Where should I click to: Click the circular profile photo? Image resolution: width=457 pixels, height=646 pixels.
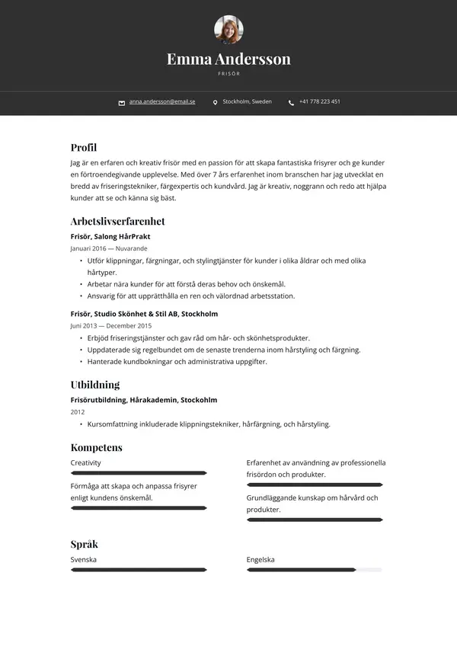click(x=228, y=30)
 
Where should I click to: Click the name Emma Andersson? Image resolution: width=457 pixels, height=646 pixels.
click(x=228, y=59)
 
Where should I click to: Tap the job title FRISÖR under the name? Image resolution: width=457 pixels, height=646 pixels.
click(x=228, y=74)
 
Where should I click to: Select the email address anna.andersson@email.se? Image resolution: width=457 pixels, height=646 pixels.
click(x=162, y=101)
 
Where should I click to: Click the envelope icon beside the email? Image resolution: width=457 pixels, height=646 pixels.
click(x=122, y=102)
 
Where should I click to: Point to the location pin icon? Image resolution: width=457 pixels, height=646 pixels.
click(x=216, y=102)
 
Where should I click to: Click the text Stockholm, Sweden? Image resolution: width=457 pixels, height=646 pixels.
click(x=247, y=101)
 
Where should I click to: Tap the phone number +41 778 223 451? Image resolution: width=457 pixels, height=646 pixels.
click(x=319, y=101)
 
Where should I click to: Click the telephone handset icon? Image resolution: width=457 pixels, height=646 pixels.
click(x=291, y=102)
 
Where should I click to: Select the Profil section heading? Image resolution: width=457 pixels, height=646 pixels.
click(x=84, y=148)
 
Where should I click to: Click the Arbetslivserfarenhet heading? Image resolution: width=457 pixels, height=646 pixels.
click(x=117, y=222)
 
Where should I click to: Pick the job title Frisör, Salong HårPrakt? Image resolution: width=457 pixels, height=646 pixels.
click(x=110, y=236)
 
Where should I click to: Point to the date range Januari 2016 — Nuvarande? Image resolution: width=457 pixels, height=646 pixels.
click(x=109, y=248)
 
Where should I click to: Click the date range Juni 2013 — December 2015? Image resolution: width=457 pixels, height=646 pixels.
click(x=110, y=325)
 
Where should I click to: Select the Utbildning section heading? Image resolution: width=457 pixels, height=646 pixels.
click(x=95, y=385)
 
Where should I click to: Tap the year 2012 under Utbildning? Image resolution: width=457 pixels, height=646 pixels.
click(x=78, y=412)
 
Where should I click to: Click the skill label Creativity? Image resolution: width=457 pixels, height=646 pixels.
click(x=86, y=462)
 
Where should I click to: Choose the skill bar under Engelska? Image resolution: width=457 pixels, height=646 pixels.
click(x=314, y=569)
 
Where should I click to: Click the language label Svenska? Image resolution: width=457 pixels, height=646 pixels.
click(x=84, y=559)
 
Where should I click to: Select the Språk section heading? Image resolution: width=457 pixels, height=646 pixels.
click(x=85, y=544)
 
